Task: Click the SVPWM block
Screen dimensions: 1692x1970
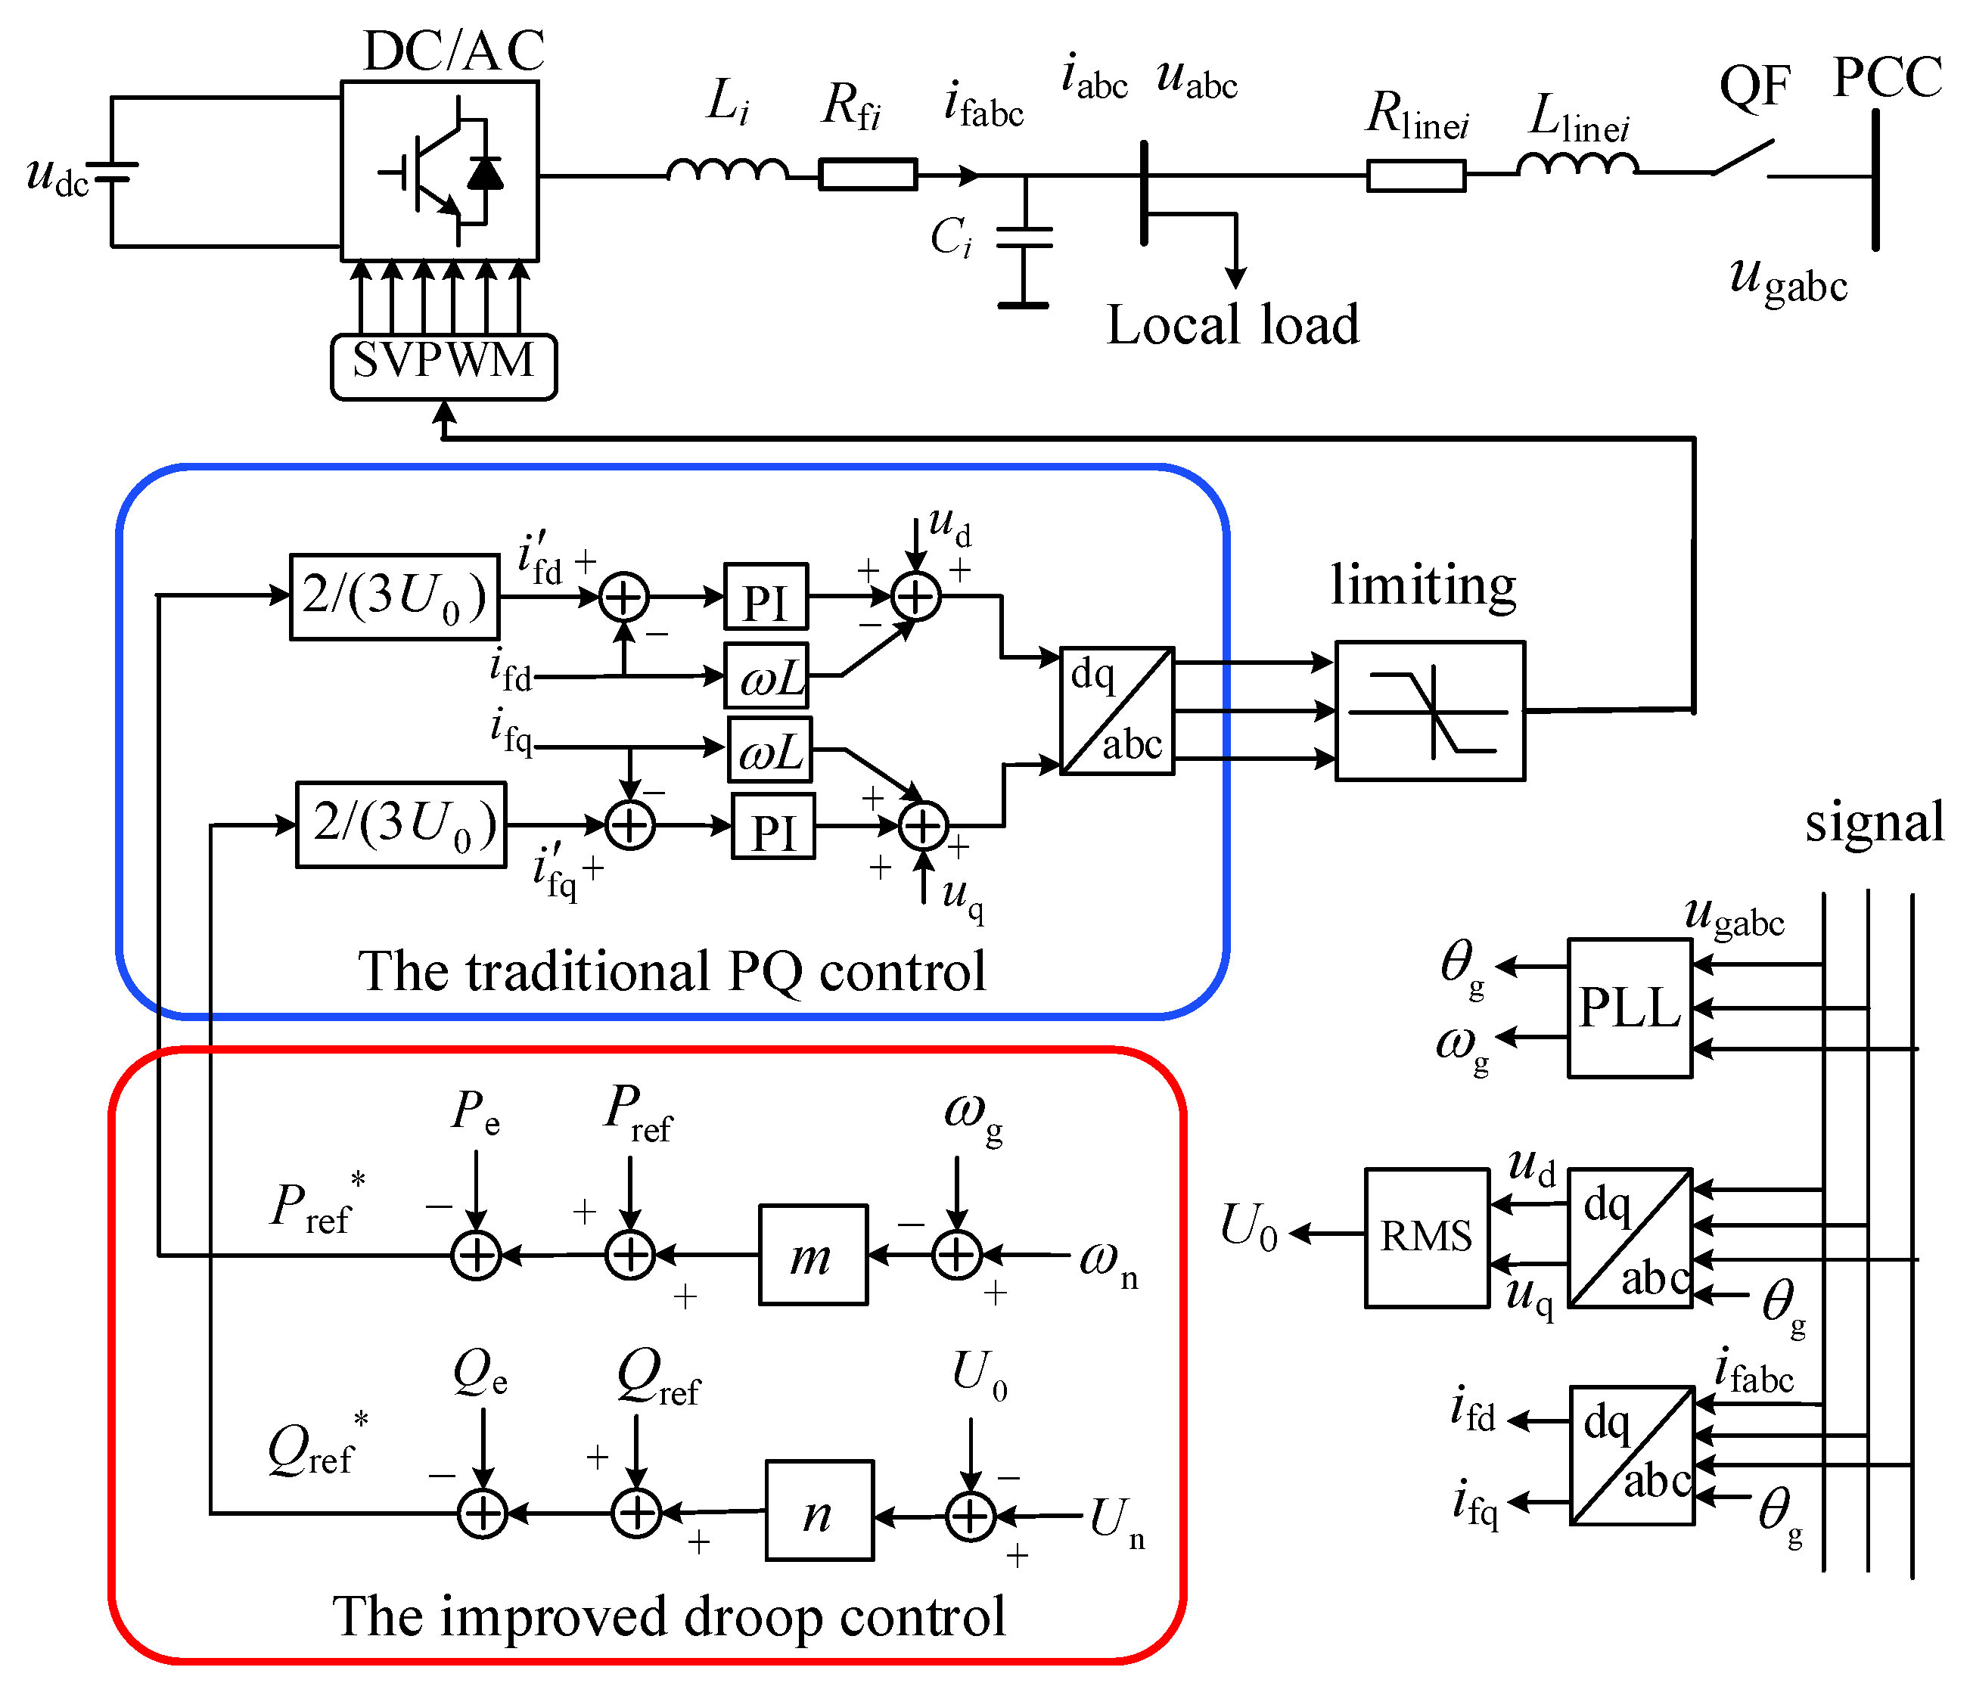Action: pyautogui.click(x=443, y=366)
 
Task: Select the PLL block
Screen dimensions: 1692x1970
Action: pyautogui.click(x=1629, y=1007)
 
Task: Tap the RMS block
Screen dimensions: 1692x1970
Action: pyautogui.click(x=1426, y=1237)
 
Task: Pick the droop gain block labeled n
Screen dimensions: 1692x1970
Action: pyautogui.click(x=819, y=1510)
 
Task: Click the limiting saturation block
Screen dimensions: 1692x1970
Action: pyautogui.click(x=1429, y=711)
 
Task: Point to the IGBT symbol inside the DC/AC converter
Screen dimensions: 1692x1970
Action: pyautogui.click(x=440, y=171)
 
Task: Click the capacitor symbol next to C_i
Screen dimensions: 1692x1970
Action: pyautogui.click(x=1024, y=238)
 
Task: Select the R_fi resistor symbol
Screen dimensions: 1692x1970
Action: pyautogui.click(x=867, y=175)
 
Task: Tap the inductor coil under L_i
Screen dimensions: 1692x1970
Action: pyautogui.click(x=727, y=171)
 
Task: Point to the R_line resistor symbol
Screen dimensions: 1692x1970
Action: pyautogui.click(x=1415, y=175)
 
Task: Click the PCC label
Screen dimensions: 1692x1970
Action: pyautogui.click(x=1886, y=78)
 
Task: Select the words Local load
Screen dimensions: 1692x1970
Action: pyautogui.click(x=1233, y=325)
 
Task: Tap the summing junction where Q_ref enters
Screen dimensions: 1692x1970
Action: pyautogui.click(x=636, y=1512)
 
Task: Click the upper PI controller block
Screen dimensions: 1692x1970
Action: pyautogui.click(x=766, y=597)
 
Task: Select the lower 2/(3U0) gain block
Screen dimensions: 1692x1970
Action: pyautogui.click(x=400, y=824)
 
